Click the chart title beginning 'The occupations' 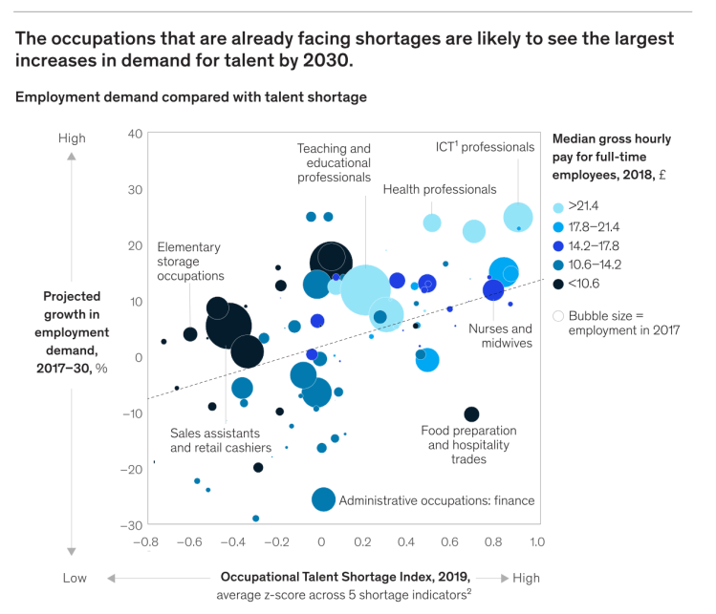coord(344,50)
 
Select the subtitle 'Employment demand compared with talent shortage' coord(190,96)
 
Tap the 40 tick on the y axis coord(135,134)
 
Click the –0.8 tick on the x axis coord(146,542)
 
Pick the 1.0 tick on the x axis coord(536,542)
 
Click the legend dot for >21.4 coord(558,207)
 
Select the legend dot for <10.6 coord(558,284)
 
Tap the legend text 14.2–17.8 coord(594,245)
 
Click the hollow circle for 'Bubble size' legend coord(558,315)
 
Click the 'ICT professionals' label coord(485,147)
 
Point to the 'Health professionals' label coord(440,189)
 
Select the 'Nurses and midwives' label coord(506,336)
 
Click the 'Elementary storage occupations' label coord(190,262)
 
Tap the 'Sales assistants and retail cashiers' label coord(220,439)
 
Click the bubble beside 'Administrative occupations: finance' coord(323,499)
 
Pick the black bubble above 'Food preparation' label coord(471,413)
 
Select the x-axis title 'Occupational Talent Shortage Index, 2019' coord(346,577)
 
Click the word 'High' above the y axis coord(72,138)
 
